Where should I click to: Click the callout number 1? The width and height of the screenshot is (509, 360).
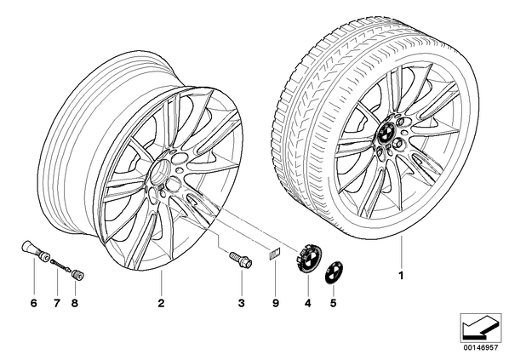[401, 276]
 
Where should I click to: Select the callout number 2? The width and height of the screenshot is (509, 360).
[161, 304]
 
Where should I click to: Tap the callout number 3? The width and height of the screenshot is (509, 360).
[241, 304]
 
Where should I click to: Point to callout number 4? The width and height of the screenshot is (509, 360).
[308, 304]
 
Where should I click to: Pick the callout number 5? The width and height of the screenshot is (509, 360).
[333, 304]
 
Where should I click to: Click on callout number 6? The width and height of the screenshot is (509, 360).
[34, 304]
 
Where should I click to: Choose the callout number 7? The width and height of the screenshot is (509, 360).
[57, 304]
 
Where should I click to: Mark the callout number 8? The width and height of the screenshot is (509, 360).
[75, 304]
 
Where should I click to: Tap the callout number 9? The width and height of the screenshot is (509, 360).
[275, 304]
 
